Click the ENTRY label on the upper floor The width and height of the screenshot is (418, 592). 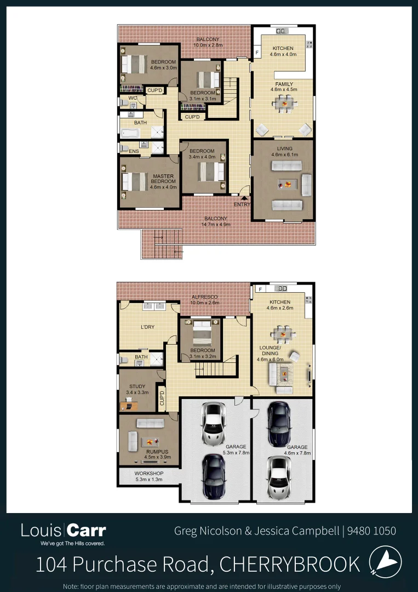(242, 204)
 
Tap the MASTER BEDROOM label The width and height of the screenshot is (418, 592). (163, 179)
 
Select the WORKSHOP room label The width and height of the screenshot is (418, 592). (149, 474)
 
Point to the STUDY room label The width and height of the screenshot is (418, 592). (138, 386)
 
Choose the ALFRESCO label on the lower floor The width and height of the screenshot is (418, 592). (204, 297)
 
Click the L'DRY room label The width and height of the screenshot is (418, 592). (147, 327)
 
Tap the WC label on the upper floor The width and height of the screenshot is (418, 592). (132, 98)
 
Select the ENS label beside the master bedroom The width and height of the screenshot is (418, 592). (134, 151)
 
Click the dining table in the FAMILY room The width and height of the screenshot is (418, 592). (284, 103)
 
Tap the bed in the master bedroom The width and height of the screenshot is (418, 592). (134, 181)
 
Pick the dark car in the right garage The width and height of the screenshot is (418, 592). (279, 424)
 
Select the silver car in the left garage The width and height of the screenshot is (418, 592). (213, 424)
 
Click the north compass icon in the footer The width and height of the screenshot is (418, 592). (385, 562)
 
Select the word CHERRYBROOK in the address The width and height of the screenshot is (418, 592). (290, 564)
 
